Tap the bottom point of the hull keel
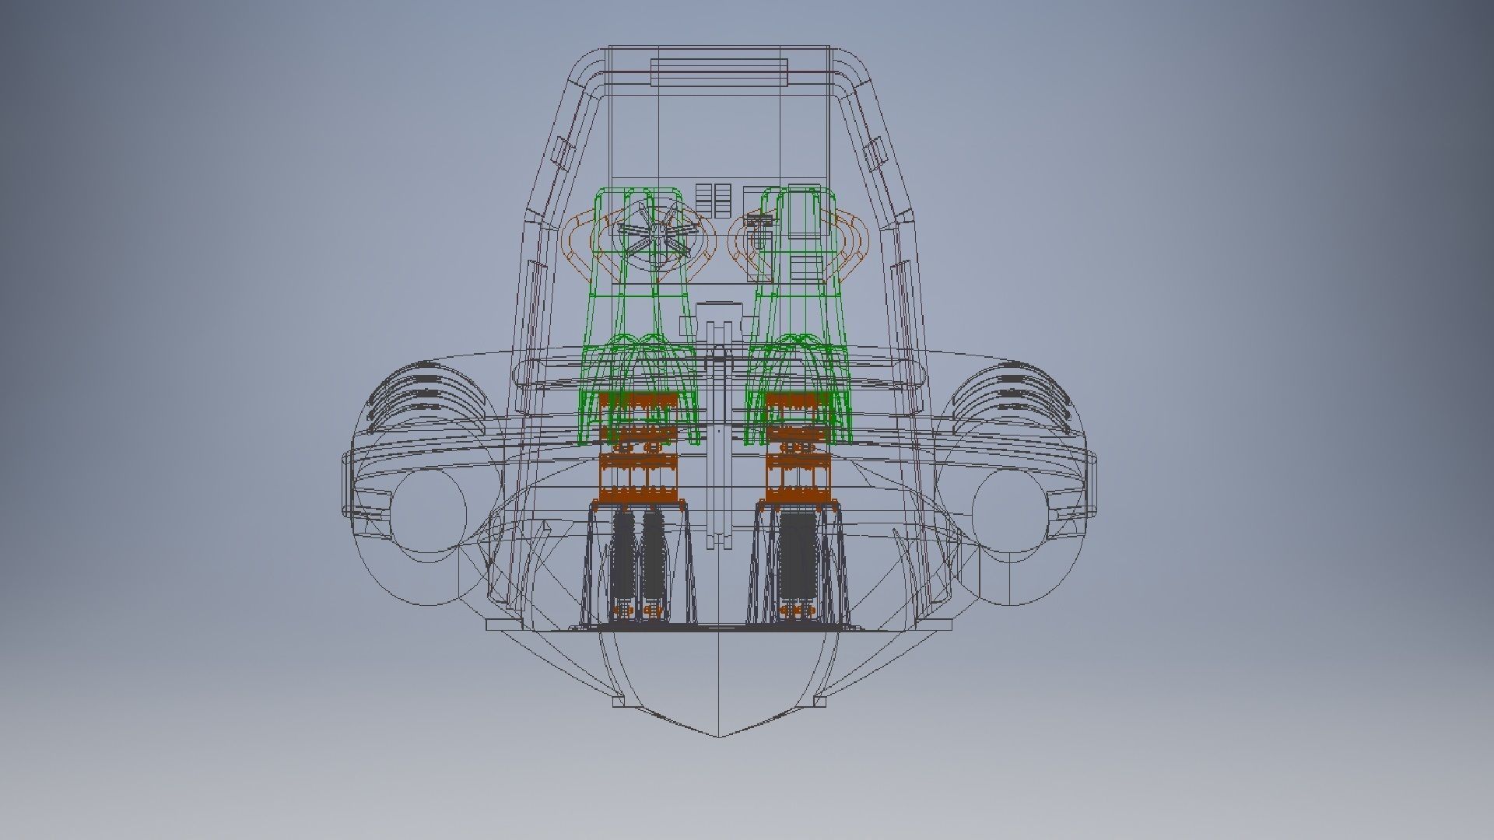click(x=717, y=736)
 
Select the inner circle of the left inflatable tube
click(x=426, y=513)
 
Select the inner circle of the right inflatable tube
click(x=1010, y=513)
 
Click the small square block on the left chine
click(x=619, y=702)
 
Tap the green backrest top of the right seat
click(x=794, y=194)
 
